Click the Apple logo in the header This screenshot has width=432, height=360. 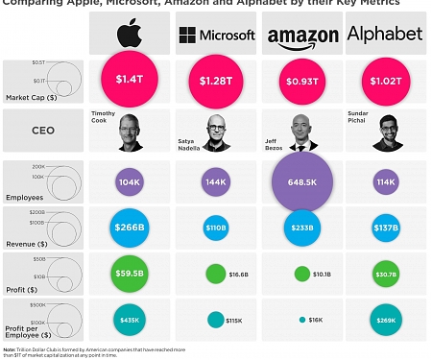click(x=129, y=34)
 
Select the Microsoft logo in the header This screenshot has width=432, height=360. click(x=217, y=36)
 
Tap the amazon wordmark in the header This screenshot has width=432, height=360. click(x=303, y=36)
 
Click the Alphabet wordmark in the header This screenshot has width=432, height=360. click(x=384, y=35)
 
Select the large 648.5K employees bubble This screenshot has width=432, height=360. click(x=303, y=180)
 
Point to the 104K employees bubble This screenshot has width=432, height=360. click(x=128, y=181)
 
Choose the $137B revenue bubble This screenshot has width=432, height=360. click(x=386, y=229)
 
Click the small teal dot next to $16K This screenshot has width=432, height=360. click(x=301, y=320)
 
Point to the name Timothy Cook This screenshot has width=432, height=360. click(x=105, y=117)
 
